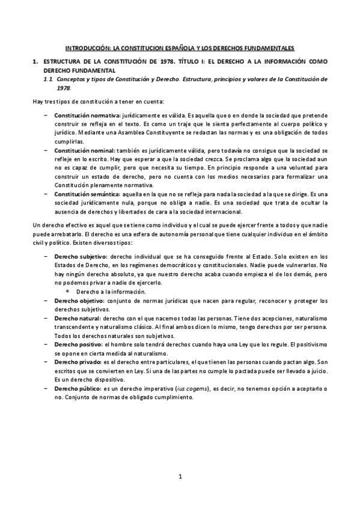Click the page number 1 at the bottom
tap(180, 478)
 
